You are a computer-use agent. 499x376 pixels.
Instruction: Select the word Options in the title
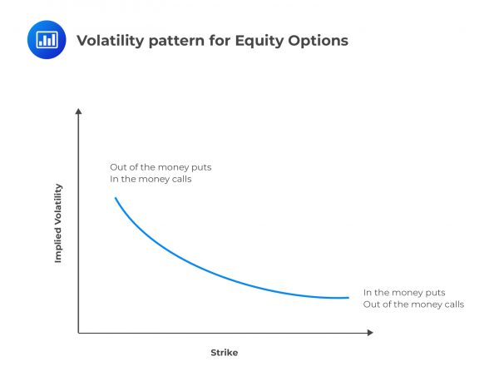316,40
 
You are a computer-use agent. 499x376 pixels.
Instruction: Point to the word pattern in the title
174,40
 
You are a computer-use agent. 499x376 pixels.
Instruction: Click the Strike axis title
224,353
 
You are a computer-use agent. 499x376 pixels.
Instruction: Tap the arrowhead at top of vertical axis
78,111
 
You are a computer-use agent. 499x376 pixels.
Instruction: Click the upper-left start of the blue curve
115,198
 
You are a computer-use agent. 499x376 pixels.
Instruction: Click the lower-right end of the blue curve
348,298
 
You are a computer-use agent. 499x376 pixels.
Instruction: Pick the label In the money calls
151,179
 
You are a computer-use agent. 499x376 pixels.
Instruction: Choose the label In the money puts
404,292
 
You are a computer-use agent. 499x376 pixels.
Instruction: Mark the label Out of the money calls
413,304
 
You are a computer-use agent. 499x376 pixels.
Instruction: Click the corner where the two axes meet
78,333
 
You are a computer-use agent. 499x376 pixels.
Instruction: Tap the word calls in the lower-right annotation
452,304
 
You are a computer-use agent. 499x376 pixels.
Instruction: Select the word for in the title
215,40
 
